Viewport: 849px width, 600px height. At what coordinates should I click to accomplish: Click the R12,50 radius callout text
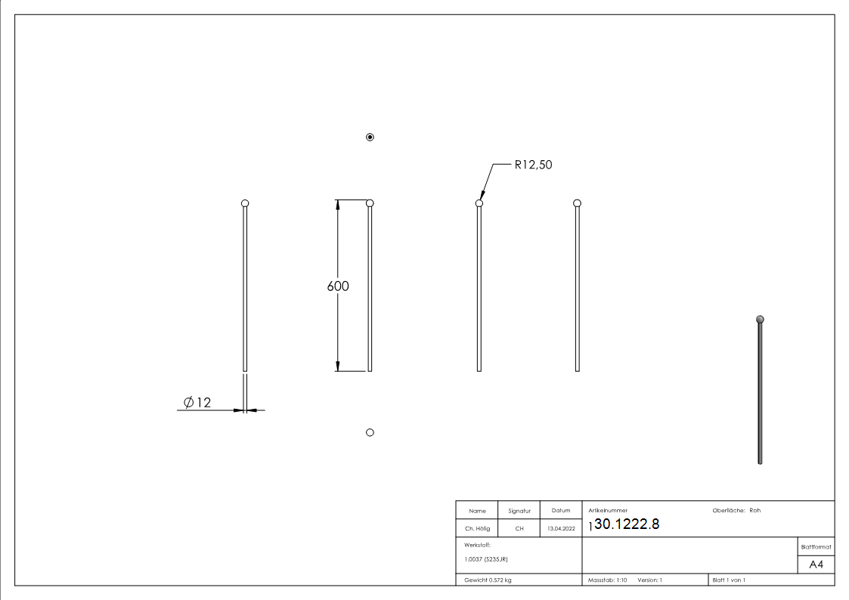point(533,165)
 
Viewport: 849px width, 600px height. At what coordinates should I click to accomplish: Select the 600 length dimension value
point(338,286)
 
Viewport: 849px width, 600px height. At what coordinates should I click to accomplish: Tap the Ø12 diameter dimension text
point(197,402)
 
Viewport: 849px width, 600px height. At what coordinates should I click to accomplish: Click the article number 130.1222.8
point(624,525)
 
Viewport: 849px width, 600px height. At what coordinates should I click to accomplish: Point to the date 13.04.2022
point(560,528)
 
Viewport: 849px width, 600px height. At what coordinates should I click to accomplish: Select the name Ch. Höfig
point(477,528)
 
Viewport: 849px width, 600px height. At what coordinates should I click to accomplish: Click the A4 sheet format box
point(816,564)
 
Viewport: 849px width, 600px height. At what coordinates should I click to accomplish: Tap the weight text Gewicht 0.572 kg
point(488,580)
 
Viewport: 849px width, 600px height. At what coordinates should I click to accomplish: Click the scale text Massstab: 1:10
point(608,580)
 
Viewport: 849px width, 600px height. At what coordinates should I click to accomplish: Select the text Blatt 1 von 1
point(729,580)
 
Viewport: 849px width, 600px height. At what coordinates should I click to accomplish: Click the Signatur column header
point(519,511)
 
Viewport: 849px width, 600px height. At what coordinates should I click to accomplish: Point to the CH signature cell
point(519,528)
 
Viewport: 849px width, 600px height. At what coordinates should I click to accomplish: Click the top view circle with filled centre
point(370,137)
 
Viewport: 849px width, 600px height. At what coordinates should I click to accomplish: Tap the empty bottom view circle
point(370,432)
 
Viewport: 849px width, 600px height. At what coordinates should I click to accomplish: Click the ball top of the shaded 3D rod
point(760,319)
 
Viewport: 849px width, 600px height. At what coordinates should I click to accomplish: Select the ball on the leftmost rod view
point(244,203)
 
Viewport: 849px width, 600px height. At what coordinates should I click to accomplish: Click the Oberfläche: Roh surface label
point(736,511)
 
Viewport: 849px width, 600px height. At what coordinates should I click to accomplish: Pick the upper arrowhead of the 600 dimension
point(337,205)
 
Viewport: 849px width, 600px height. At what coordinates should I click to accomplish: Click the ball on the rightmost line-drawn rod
point(577,203)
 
